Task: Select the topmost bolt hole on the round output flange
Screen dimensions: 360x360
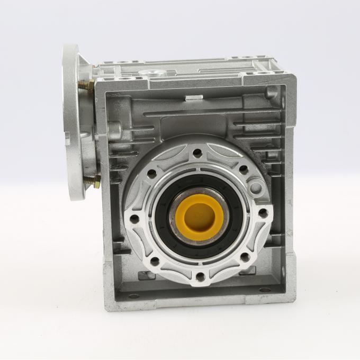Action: click(197, 154)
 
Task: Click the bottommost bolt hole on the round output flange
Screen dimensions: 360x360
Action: click(200, 276)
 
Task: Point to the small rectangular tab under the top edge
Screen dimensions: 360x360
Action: click(194, 97)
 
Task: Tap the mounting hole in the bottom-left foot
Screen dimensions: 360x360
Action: click(133, 295)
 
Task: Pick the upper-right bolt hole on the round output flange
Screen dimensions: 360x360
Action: click(244, 170)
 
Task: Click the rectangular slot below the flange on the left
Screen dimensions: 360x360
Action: click(145, 275)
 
